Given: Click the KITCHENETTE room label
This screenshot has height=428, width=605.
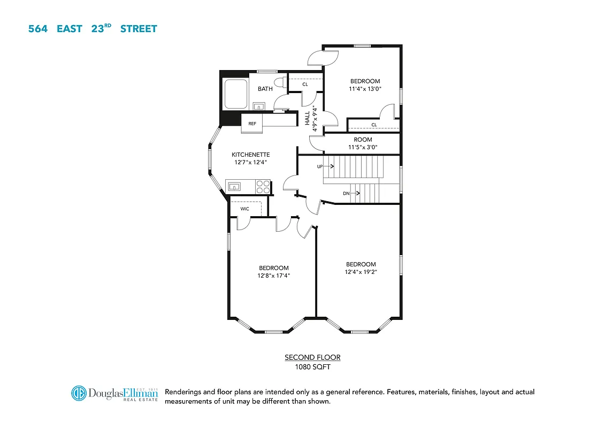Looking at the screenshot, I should (x=250, y=155).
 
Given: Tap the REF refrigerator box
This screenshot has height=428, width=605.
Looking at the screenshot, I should (x=252, y=124).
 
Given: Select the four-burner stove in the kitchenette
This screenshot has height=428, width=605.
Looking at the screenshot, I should (x=263, y=186).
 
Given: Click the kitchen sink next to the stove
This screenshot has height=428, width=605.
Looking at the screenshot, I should (x=234, y=186).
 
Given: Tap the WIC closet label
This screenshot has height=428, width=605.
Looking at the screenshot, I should (x=244, y=209).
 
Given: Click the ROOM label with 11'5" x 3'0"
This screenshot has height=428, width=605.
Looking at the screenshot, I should (x=363, y=143).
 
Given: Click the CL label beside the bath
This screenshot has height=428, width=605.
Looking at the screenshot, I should (x=305, y=84).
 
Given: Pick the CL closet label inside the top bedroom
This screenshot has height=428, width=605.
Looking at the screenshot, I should (x=374, y=125).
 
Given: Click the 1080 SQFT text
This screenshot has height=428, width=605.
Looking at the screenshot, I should (x=312, y=367).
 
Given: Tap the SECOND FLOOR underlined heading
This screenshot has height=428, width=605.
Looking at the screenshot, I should (x=312, y=357).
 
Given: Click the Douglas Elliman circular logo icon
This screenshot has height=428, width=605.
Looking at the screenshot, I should (x=79, y=393).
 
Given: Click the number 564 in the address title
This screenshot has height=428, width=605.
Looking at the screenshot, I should (x=37, y=28).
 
